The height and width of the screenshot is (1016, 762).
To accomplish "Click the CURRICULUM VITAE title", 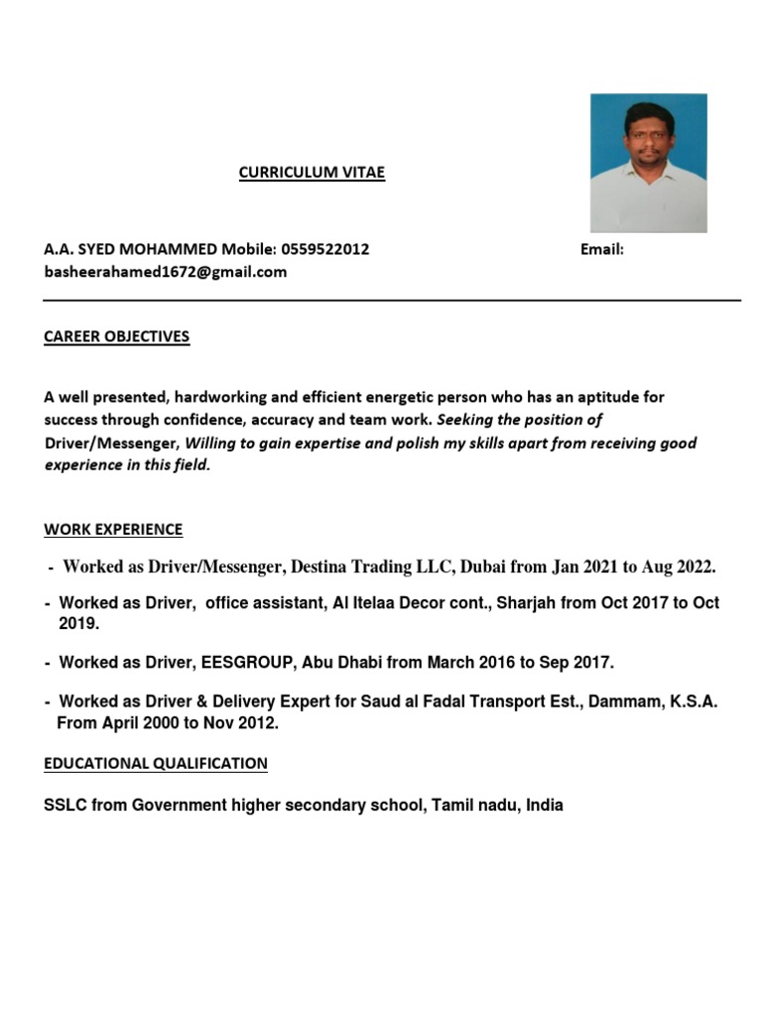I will [x=312, y=173].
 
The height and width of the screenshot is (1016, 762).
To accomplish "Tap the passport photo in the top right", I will [x=648, y=163].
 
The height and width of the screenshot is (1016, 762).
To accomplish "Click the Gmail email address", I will [x=165, y=271].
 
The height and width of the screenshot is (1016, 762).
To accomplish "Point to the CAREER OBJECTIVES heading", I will [x=116, y=336].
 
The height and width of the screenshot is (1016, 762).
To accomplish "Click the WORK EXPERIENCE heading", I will [x=113, y=530].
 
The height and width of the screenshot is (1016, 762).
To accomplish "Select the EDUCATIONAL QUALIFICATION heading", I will [x=156, y=763].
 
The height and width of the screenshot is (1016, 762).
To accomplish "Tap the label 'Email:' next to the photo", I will [x=601, y=249].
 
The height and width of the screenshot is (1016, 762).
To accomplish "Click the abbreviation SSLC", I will [x=65, y=806].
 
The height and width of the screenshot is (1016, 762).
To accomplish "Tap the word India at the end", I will [x=544, y=806].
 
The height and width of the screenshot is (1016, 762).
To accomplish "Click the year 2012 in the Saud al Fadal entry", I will [x=256, y=723].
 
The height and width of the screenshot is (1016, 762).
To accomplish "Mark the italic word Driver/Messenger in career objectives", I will [x=111, y=443].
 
